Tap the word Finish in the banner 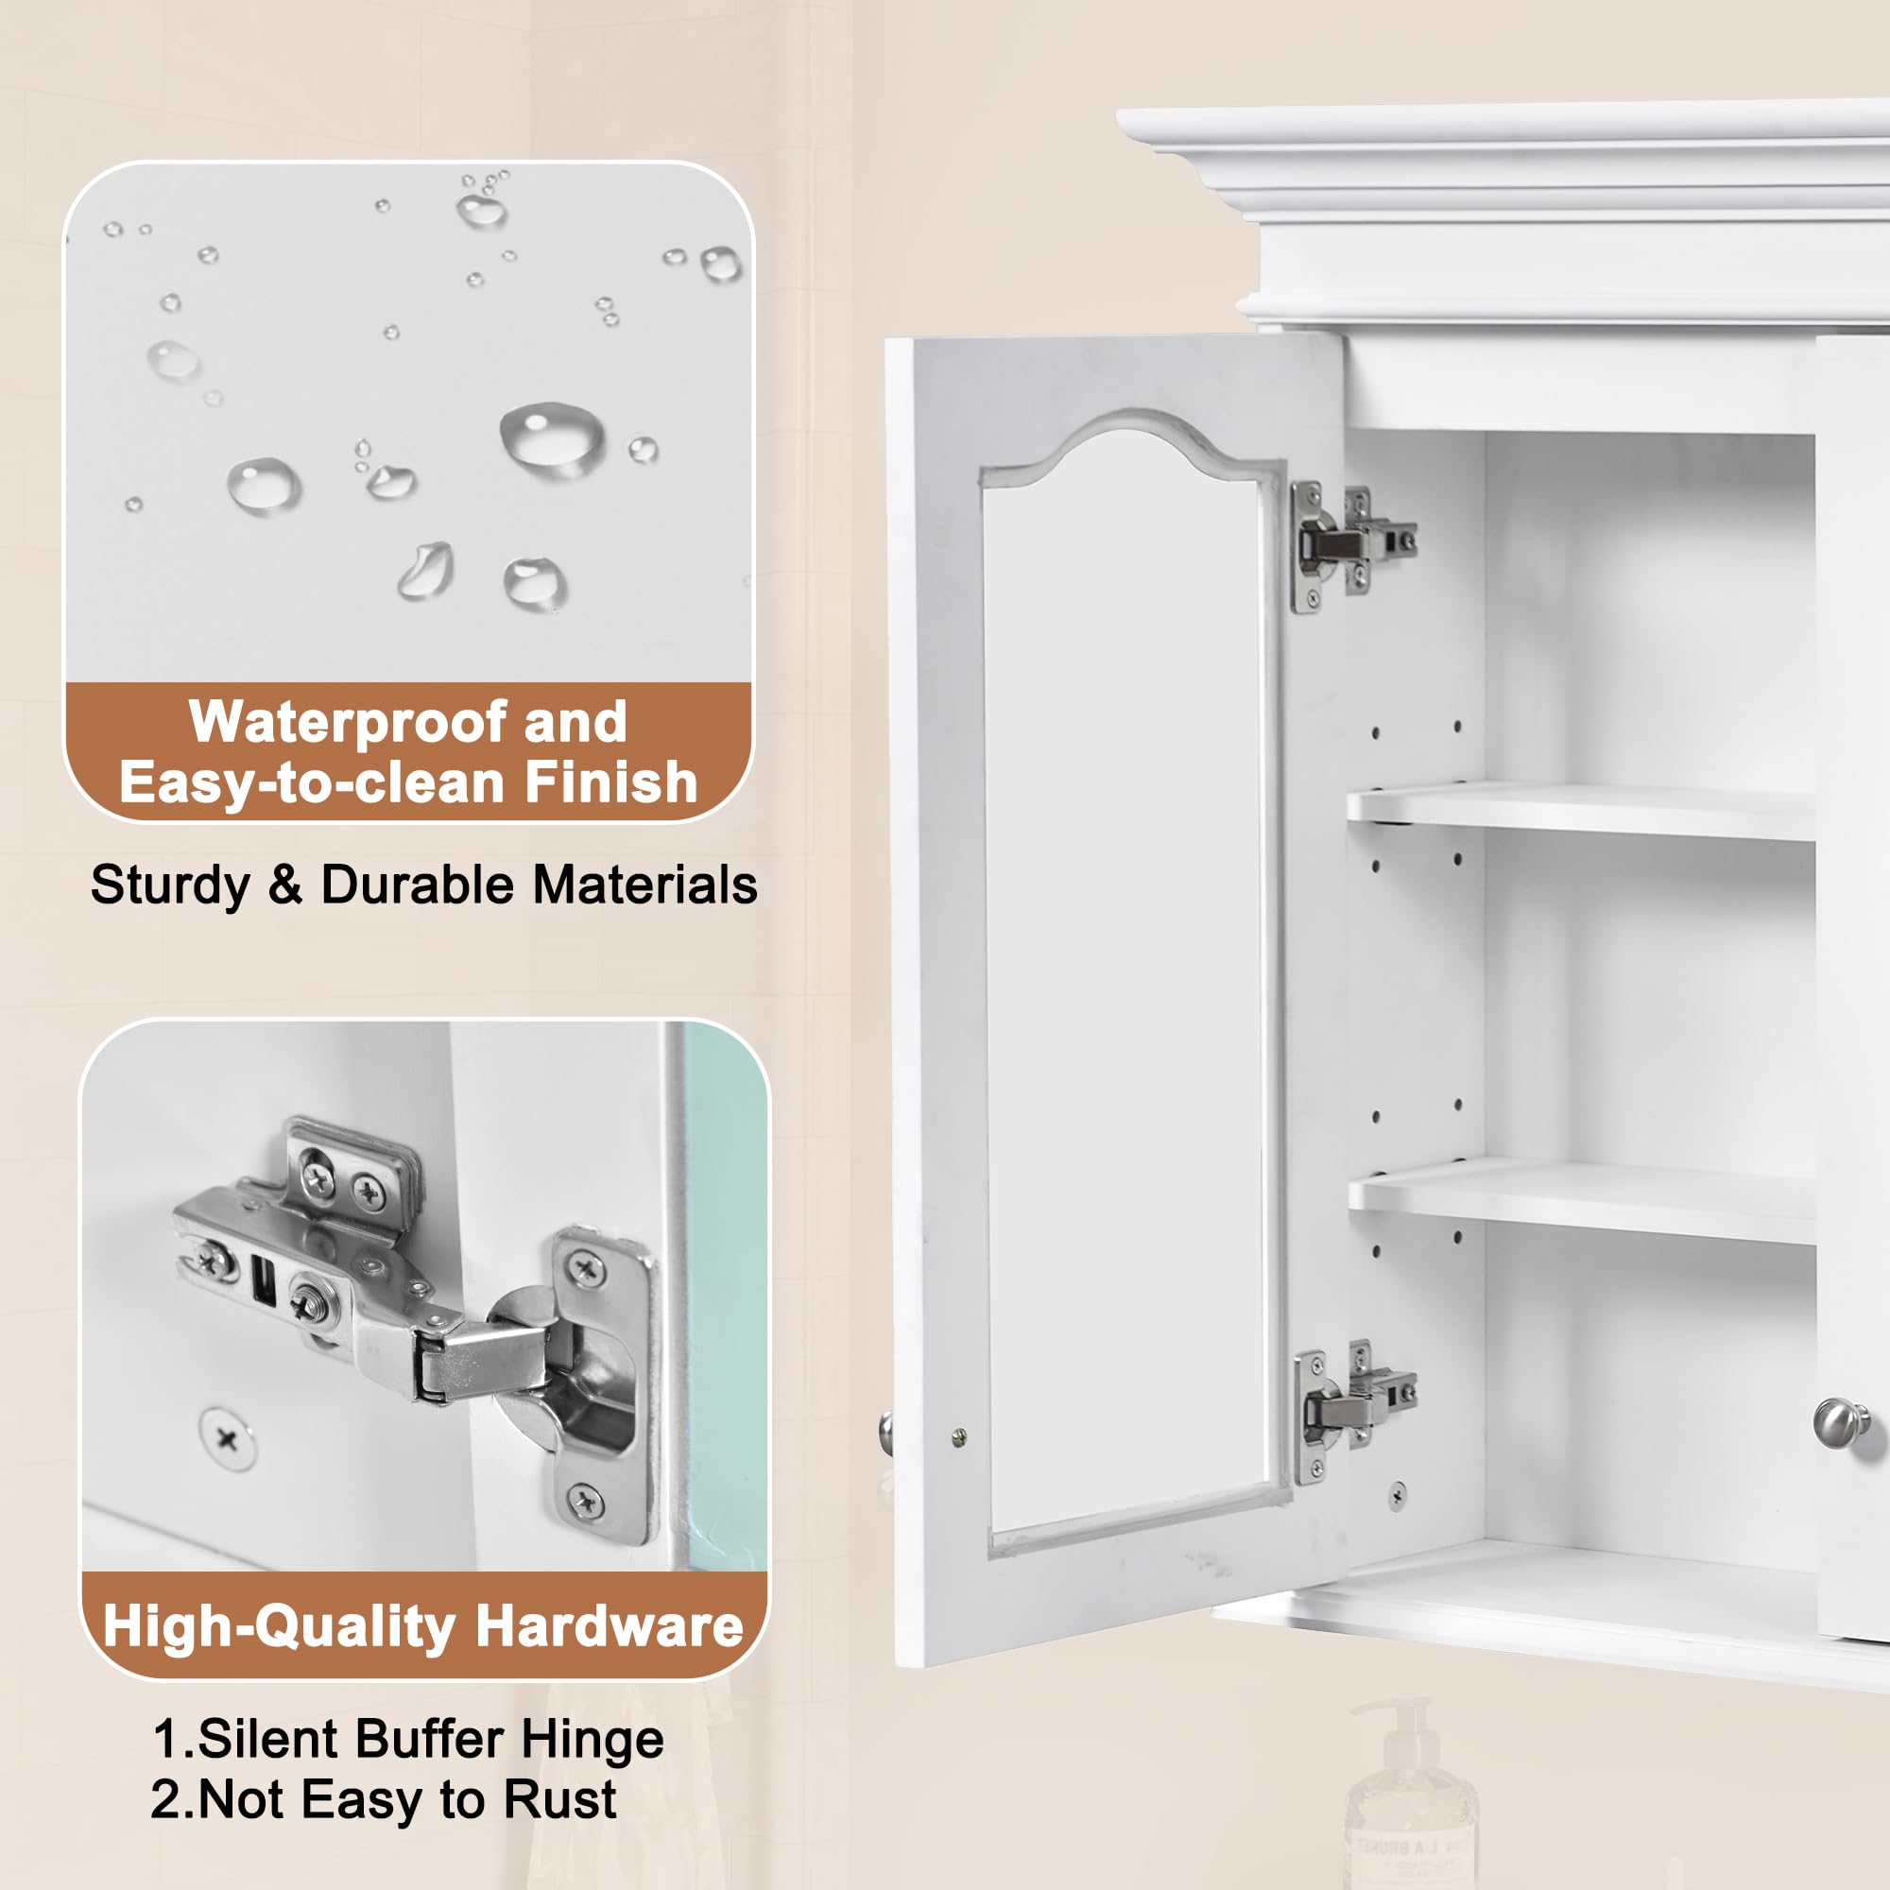point(610,782)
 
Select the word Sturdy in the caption point(170,885)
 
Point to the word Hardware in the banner point(609,1627)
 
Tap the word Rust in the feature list point(559,1800)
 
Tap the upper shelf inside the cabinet point(1580,810)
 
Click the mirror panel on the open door point(1125,978)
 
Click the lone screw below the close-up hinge point(227,1438)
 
